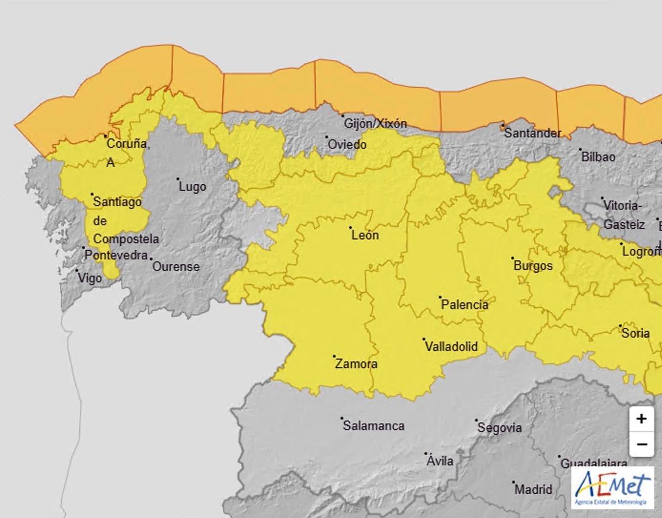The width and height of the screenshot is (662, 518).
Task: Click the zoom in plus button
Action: point(641,419)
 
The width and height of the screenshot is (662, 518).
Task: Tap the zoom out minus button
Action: point(641,444)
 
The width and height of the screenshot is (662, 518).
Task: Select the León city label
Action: point(365,236)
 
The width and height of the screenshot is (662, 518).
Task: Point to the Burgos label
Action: point(533,266)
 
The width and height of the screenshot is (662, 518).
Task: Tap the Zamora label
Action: point(356,364)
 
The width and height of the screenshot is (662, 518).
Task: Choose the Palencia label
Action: point(465,305)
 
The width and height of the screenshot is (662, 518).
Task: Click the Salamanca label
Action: point(373,426)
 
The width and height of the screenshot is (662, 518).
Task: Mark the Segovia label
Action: point(499,428)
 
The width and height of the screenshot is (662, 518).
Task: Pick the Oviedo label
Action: point(347,145)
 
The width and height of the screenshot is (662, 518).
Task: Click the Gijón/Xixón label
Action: point(375,124)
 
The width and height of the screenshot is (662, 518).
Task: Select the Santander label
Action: point(533,133)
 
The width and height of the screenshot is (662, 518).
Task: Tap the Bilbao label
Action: point(598,157)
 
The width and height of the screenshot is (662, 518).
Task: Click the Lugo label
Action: point(193,186)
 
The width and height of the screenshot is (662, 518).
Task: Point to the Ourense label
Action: point(175,266)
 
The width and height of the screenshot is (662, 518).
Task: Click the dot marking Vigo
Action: point(77,271)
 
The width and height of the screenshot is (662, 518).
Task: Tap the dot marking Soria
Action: point(620,326)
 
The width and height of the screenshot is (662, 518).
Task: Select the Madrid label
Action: point(533,489)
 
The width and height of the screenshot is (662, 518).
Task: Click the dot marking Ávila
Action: point(426,454)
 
